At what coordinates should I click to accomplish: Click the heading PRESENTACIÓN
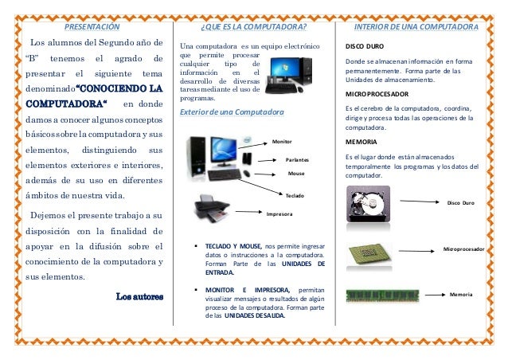92,26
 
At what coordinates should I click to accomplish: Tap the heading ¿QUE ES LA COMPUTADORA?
254,26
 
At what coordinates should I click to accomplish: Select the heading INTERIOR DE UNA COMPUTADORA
416,26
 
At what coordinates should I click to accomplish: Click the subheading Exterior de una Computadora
232,112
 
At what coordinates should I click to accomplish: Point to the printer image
212,208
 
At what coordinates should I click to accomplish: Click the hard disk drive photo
368,204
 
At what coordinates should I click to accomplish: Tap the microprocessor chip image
369,253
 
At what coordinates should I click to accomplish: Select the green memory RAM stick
382,295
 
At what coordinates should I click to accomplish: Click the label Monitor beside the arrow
282,142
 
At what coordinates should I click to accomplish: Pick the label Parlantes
297,160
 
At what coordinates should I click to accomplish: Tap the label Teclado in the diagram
295,196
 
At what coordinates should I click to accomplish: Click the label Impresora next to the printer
279,214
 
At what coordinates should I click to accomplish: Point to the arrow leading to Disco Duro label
420,202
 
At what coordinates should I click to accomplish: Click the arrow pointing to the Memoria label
435,295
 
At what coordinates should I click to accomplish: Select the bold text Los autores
139,296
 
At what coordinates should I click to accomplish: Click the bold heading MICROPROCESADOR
377,94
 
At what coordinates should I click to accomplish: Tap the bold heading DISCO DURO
365,46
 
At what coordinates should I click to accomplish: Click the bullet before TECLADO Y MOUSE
196,246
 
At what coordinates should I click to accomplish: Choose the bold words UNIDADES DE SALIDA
255,315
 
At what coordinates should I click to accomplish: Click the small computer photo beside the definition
289,75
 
